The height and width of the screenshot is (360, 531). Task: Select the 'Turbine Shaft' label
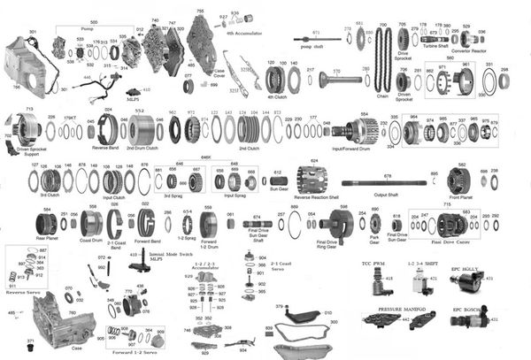pos(435,46)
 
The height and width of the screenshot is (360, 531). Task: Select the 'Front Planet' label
pos(460,196)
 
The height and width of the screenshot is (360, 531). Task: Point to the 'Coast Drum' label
pos(91,239)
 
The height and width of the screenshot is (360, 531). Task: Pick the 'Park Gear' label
pos(374,239)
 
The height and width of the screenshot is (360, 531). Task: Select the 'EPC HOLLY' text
pos(466,266)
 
